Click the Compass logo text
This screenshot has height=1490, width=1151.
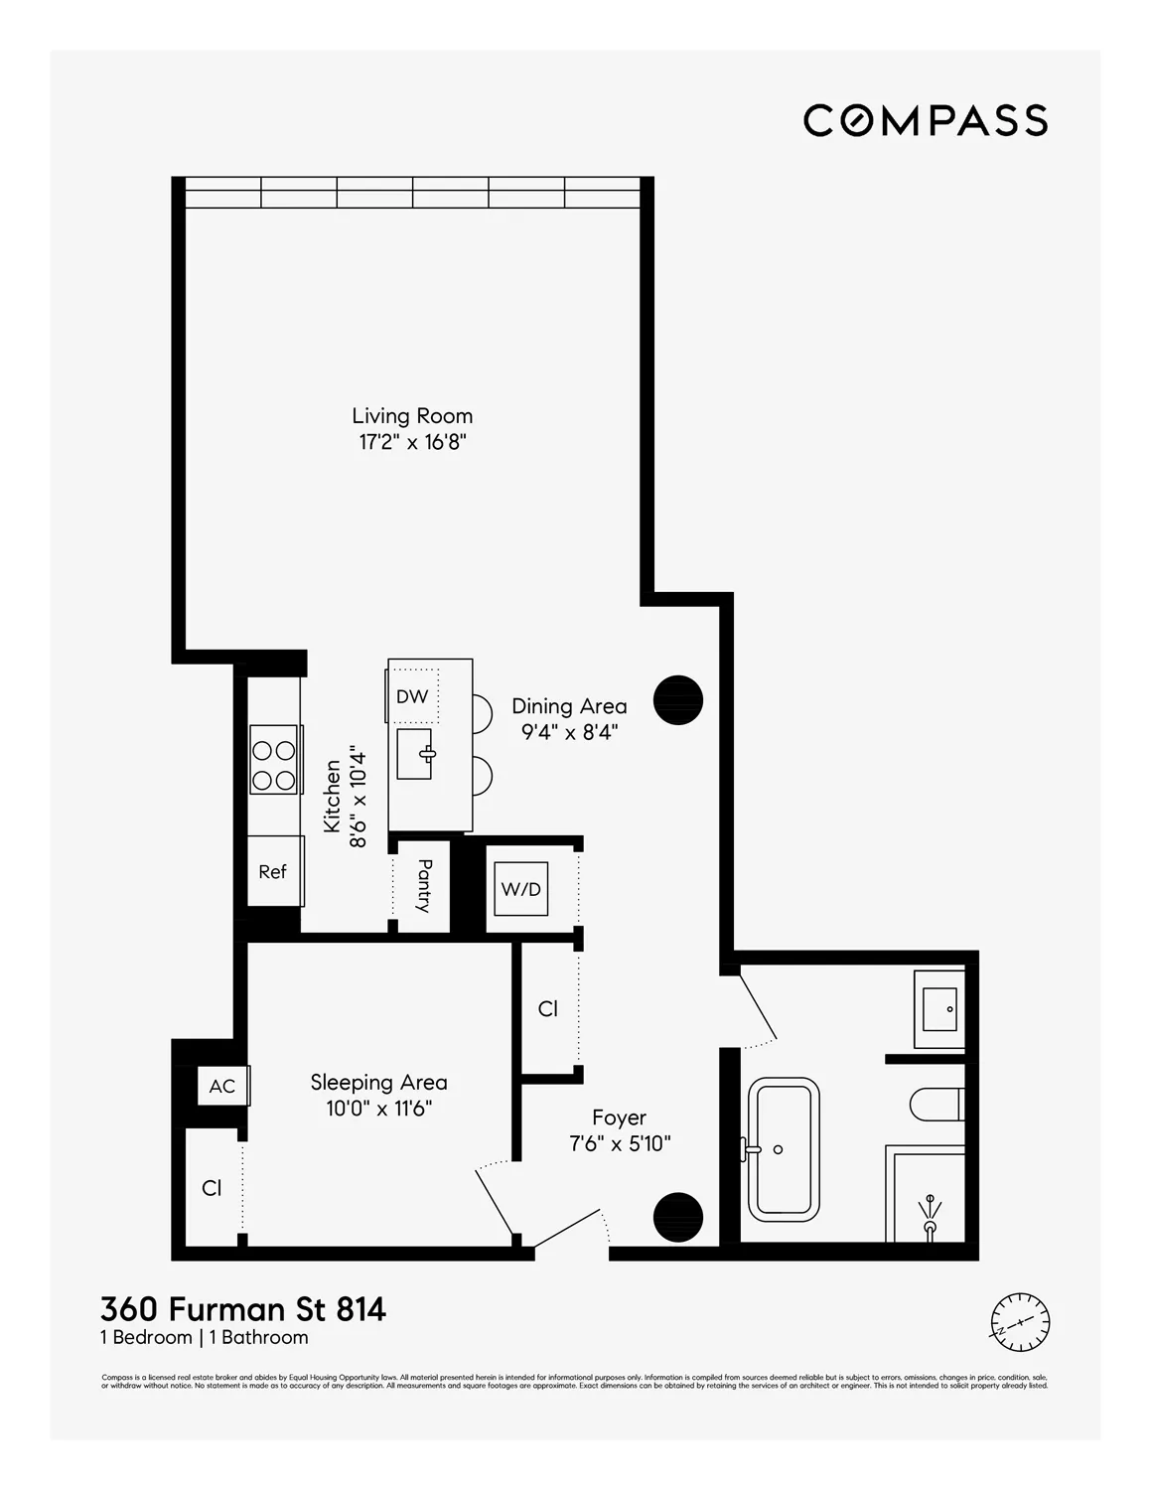[x=925, y=120]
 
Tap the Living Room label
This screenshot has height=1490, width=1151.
[x=412, y=416]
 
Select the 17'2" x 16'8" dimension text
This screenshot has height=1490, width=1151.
[x=412, y=443]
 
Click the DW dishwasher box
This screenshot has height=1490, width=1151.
[x=412, y=696]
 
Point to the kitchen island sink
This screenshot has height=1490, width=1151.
[x=415, y=753]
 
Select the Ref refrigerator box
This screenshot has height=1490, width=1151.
[x=273, y=871]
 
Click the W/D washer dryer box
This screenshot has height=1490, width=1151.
[x=521, y=889]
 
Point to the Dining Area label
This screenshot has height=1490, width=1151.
[x=569, y=706]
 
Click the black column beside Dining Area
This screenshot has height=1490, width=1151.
[x=678, y=700]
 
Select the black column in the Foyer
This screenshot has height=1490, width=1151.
[x=678, y=1216]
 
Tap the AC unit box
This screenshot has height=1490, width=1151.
[x=222, y=1086]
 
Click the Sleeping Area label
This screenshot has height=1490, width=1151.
[x=378, y=1083]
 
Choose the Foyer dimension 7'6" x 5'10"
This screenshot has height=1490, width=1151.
[x=620, y=1144]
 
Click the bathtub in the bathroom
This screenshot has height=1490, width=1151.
[x=784, y=1149]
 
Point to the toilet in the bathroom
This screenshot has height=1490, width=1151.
[x=936, y=1104]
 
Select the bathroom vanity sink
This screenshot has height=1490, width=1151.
[x=939, y=1009]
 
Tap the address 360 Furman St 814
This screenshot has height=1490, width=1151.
[x=243, y=1309]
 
